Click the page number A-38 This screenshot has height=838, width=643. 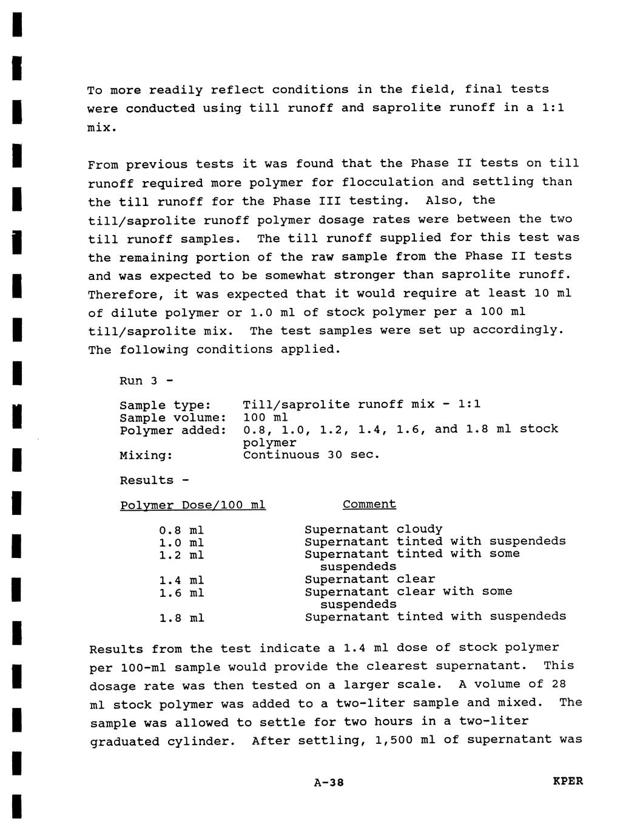click(x=329, y=783)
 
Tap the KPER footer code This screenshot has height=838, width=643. click(x=568, y=781)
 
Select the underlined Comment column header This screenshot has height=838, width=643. click(x=369, y=505)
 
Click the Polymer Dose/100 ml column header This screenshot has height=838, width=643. click(x=193, y=505)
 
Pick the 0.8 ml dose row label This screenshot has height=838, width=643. click(x=181, y=530)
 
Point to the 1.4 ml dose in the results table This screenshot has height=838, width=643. click(x=181, y=580)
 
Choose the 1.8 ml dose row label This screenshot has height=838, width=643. click(x=181, y=618)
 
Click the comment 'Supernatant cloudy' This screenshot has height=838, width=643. click(x=373, y=530)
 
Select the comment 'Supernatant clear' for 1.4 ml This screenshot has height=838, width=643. click(x=369, y=579)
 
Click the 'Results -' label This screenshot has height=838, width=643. click(x=154, y=480)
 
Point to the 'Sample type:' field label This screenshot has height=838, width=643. click(x=165, y=405)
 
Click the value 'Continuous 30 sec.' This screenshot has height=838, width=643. click(x=311, y=455)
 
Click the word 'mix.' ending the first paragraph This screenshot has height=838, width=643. click(x=103, y=128)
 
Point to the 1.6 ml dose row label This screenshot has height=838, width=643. click(x=181, y=593)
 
